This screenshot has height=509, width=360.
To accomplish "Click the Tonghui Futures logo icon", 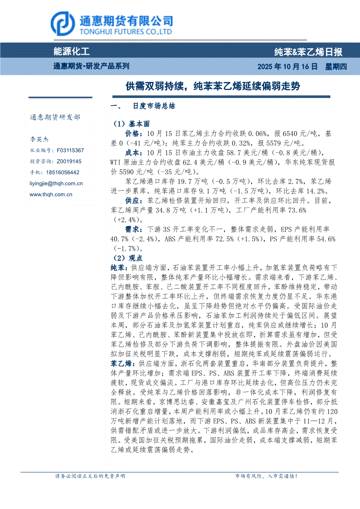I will click(x=63, y=24).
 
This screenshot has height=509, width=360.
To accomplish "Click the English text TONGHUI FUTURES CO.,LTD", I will click(x=126, y=32).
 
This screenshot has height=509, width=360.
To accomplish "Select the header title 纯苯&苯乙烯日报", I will click(x=308, y=52).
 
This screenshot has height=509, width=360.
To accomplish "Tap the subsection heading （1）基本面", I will click(x=131, y=124).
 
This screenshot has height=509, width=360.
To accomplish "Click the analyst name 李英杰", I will click(x=39, y=140).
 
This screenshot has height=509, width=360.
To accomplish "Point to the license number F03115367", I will click(x=70, y=150).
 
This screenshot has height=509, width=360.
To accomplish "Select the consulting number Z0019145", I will click(x=69, y=161).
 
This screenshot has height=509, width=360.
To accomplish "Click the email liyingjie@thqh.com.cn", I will click(x=56, y=184).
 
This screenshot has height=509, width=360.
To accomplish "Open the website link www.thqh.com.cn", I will click(x=51, y=195).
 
